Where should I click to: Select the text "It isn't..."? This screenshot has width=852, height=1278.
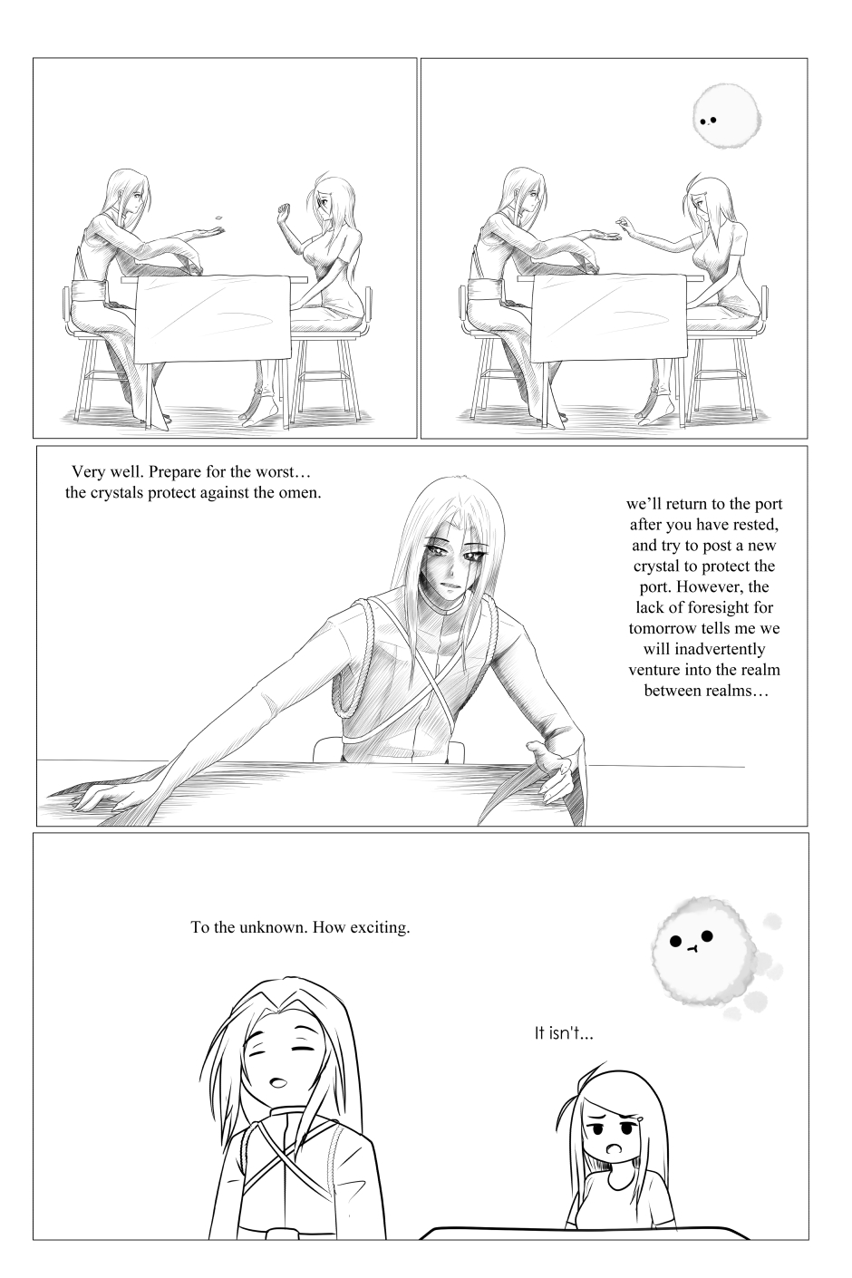pyautogui.click(x=563, y=1033)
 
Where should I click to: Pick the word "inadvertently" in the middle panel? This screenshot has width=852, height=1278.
pyautogui.click(x=704, y=649)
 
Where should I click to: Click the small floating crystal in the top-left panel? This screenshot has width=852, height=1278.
pyautogui.click(x=218, y=218)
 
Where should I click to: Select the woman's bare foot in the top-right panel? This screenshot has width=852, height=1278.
pyautogui.click(x=655, y=417)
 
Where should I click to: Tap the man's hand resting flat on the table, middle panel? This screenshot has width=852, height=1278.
pyautogui.click(x=97, y=798)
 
